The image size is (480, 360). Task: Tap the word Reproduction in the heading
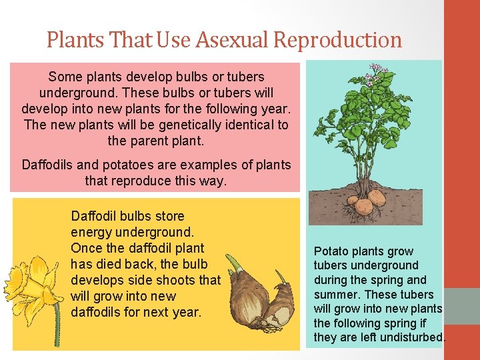(x=338, y=40)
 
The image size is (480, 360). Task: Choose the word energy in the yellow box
(x=91, y=232)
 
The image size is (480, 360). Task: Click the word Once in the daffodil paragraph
(x=86, y=248)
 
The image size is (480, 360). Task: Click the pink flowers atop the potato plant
(x=376, y=72)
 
